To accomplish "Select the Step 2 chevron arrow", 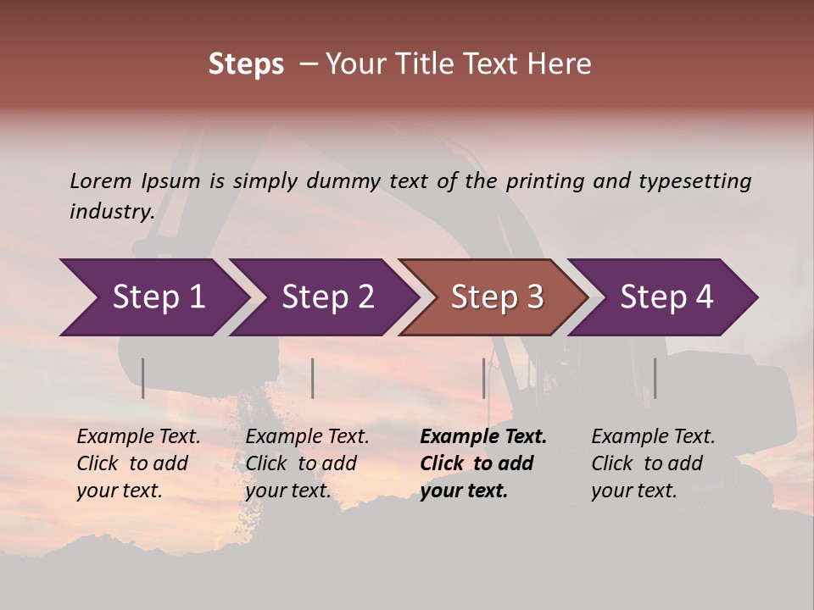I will pyautogui.click(x=326, y=297).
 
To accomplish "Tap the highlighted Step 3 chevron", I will pyautogui.click(x=496, y=297).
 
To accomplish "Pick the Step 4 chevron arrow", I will pyautogui.click(x=666, y=297).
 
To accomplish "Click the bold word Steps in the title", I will pyautogui.click(x=246, y=64).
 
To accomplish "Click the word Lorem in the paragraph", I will pyautogui.click(x=101, y=180).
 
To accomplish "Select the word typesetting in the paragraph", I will pyautogui.click(x=694, y=180).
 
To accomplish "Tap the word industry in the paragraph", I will pyautogui.click(x=112, y=211).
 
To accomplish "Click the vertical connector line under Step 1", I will pyautogui.click(x=143, y=378).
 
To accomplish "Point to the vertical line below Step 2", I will pyautogui.click(x=313, y=378).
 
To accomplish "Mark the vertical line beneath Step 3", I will pyautogui.click(x=484, y=378).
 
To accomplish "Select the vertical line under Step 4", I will pyautogui.click(x=655, y=378).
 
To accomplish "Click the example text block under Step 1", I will pyautogui.click(x=138, y=463).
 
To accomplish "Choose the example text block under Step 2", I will pyautogui.click(x=307, y=463).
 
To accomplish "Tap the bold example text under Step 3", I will pyautogui.click(x=483, y=463).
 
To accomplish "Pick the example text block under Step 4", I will pyautogui.click(x=653, y=463).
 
